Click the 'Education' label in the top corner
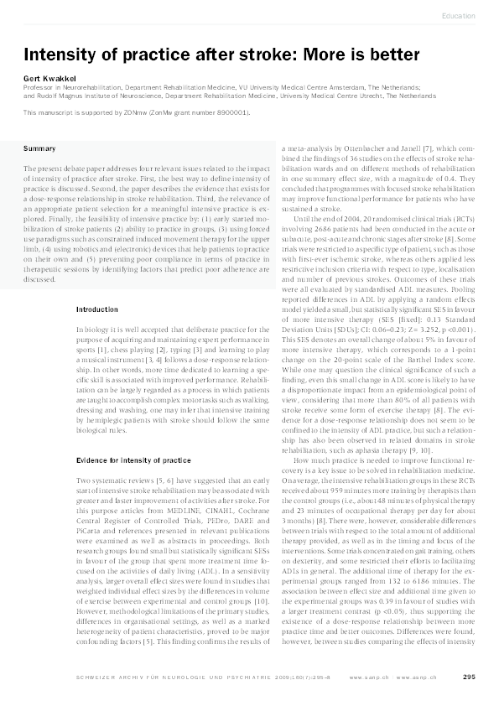point(458,16)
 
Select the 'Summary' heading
point(40,148)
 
